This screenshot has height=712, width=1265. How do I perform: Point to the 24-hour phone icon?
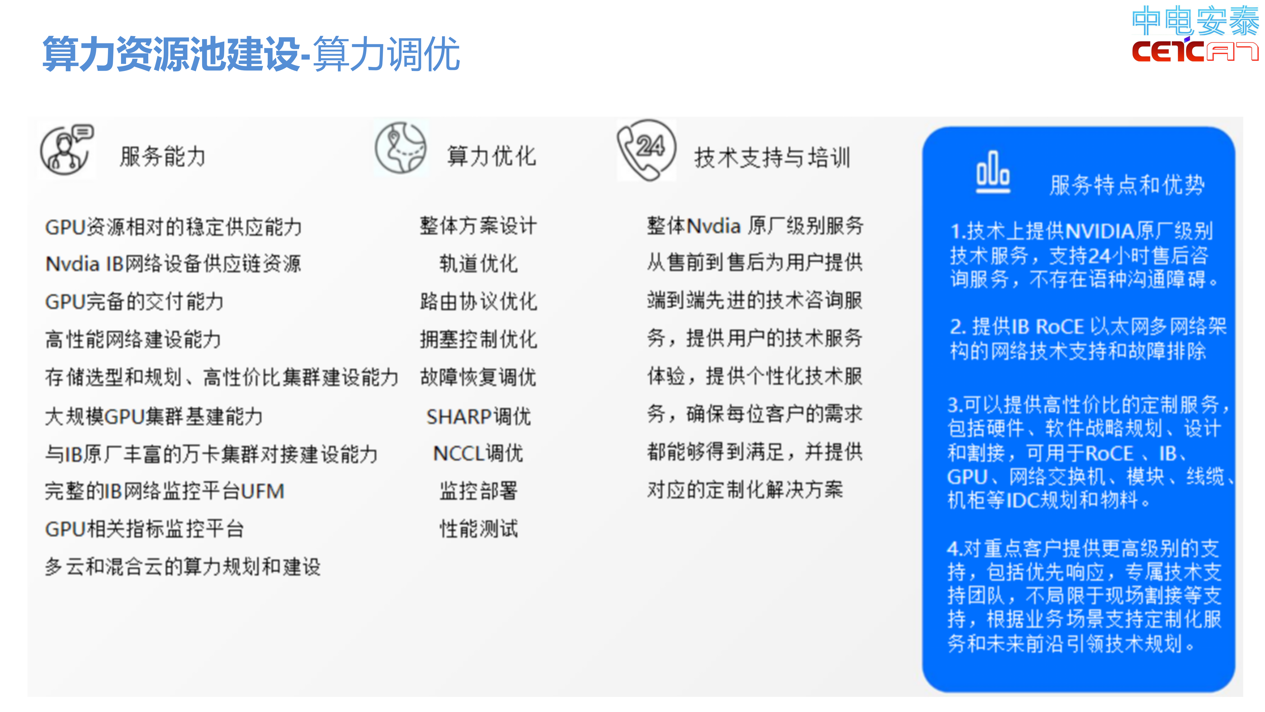coord(646,150)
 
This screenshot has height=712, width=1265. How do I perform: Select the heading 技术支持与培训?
coord(772,158)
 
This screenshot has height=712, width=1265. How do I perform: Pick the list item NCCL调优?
coord(478,453)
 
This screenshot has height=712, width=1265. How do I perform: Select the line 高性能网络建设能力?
coord(133,339)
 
